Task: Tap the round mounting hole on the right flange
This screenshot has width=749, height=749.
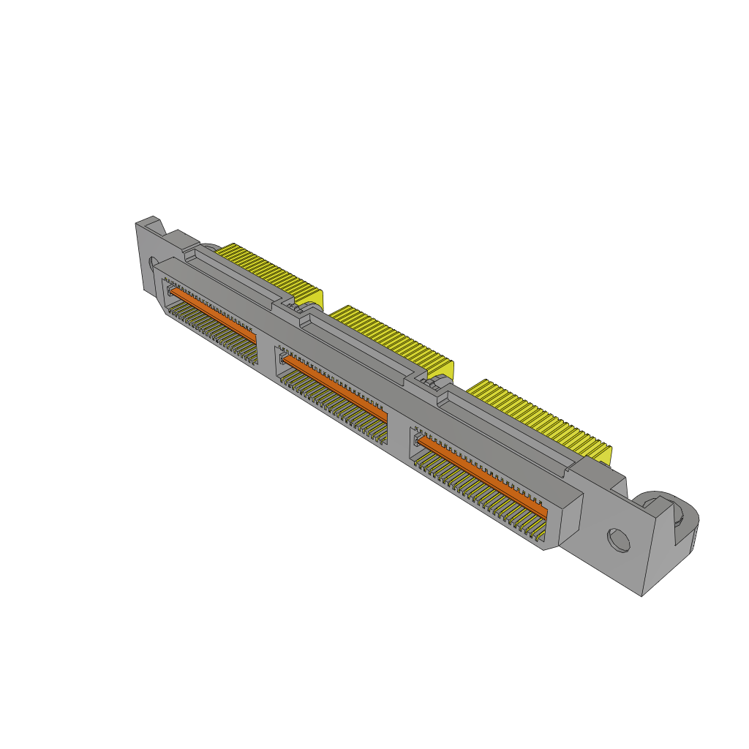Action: (x=619, y=541)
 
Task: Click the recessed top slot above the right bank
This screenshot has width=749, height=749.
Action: (x=505, y=427)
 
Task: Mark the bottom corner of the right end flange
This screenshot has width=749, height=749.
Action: (x=642, y=595)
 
